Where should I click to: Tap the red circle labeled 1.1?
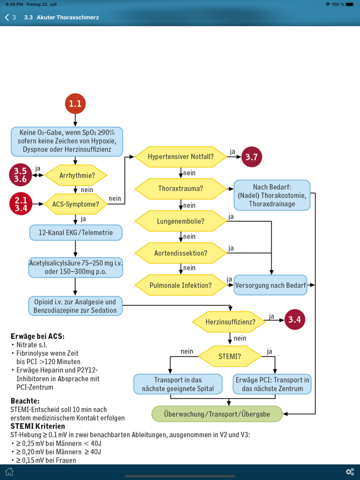point(75,104)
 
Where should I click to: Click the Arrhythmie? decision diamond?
point(76,175)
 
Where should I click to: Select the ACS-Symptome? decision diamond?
point(76,204)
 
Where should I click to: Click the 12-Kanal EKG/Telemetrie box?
point(76,232)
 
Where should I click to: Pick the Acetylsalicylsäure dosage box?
point(76,267)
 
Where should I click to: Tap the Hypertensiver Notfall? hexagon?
point(181,157)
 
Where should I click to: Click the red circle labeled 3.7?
point(251,157)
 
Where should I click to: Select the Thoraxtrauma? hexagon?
point(181,189)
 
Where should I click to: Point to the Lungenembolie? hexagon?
point(181,221)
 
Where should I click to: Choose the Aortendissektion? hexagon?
point(181,253)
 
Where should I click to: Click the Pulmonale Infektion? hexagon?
point(181,285)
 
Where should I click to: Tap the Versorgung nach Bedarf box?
point(271,285)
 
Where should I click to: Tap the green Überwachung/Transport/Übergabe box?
point(217,414)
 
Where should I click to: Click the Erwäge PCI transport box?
point(273,384)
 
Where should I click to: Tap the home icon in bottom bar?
point(9,472)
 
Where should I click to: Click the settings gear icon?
point(350,472)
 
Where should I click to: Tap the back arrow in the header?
point(7,17)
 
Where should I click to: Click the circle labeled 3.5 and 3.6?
point(21,175)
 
